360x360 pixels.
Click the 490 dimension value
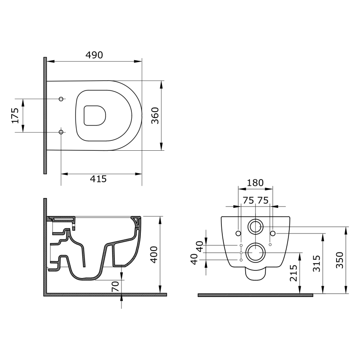pos(94,55)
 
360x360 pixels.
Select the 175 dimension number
pos(15,115)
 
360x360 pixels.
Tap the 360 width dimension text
pos(168,115)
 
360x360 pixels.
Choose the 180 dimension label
pos(255,183)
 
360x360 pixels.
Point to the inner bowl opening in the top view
pos(95,115)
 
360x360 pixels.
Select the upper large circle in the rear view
pos(256,227)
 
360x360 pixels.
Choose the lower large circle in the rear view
pos(256,252)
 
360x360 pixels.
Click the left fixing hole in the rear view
pos(238,233)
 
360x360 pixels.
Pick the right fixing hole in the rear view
pos(273,233)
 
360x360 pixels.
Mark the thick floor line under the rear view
pos(255,295)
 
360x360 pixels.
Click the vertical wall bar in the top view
pos(45,115)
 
